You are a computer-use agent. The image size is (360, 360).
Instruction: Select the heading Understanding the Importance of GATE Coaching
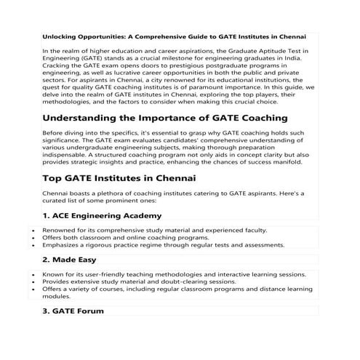pyautogui.click(x=164, y=119)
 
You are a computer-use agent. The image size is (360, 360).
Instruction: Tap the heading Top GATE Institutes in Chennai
pyautogui.click(x=119, y=177)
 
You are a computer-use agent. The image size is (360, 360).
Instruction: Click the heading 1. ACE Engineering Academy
pyautogui.click(x=102, y=216)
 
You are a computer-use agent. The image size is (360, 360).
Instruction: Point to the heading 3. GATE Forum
pyautogui.click(x=73, y=311)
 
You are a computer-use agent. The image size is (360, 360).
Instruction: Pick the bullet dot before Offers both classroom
pyautogui.click(x=34, y=238)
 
